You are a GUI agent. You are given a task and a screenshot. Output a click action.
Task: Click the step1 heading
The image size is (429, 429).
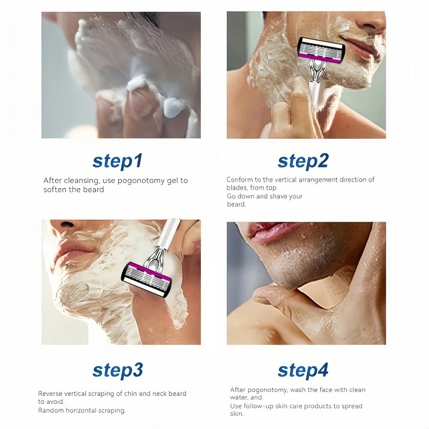117,161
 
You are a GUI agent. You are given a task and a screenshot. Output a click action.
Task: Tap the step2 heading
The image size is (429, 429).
303,161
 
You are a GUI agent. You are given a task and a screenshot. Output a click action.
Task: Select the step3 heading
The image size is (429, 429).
117,370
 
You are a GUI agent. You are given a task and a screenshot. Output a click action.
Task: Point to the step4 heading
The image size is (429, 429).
303,370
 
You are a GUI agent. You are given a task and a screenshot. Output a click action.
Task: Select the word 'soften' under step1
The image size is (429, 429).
55,189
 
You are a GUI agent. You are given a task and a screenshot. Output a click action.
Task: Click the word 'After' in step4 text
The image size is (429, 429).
239,390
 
